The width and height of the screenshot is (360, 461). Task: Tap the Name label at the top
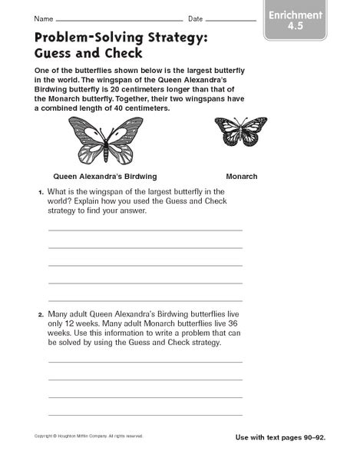click(45, 18)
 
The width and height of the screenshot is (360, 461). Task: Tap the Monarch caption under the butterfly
click(242, 176)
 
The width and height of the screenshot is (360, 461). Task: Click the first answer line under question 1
click(145, 230)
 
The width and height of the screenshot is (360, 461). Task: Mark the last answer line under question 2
click(145, 414)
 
